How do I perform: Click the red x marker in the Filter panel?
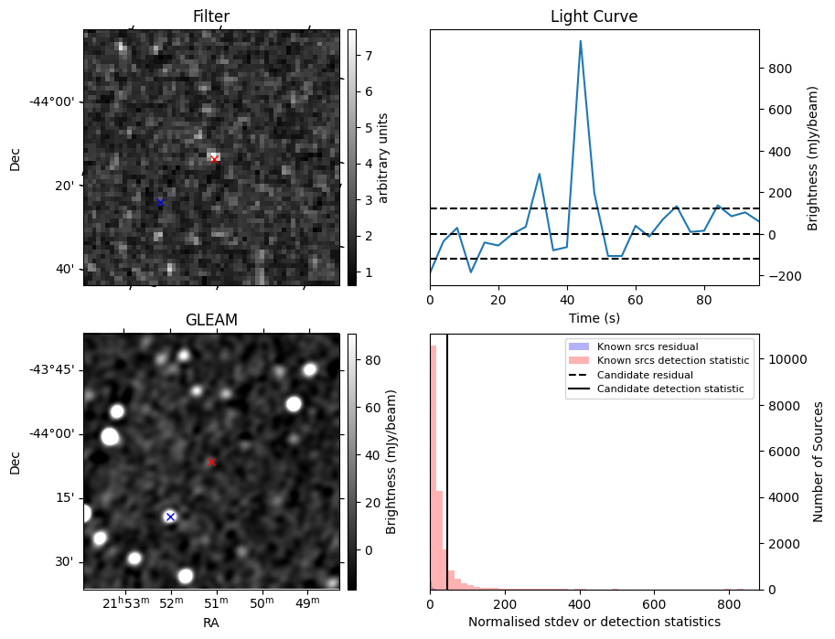214,159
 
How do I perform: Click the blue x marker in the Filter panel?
160,202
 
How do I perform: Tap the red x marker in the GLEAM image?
211,462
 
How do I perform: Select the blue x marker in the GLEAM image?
169,517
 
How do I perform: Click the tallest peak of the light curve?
580,41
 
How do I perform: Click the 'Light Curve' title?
594,16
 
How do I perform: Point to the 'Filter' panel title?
211,16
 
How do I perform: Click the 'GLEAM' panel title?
211,320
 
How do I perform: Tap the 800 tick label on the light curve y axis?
778,69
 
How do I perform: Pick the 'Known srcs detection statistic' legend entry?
672,361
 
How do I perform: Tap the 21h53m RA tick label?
124,603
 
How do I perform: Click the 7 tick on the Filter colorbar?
366,56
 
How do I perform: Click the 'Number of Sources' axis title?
819,461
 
